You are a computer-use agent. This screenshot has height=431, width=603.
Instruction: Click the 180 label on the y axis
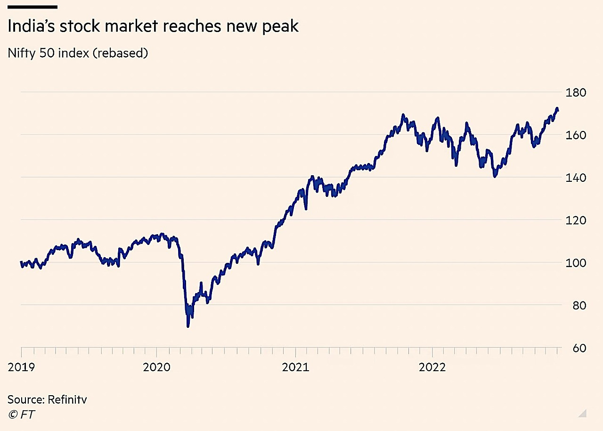(x=577, y=92)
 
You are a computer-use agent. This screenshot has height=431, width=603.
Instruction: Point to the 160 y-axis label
(x=577, y=135)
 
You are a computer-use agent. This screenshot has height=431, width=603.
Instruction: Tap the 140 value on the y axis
(x=577, y=178)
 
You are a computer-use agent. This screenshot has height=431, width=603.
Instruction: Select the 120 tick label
(x=577, y=220)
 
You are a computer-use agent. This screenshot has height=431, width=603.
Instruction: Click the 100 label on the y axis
(x=577, y=263)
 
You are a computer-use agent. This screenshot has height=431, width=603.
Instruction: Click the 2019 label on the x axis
(x=21, y=367)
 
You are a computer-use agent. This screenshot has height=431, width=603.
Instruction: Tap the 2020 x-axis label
(x=156, y=367)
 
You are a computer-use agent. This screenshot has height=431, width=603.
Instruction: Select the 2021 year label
(x=295, y=367)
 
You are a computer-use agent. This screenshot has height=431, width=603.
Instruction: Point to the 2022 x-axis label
(x=432, y=367)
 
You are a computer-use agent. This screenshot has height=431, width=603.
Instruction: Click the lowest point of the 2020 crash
(x=188, y=326)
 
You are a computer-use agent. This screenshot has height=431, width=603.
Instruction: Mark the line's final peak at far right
(x=557, y=109)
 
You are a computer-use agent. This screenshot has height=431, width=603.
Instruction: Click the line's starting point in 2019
(x=21, y=263)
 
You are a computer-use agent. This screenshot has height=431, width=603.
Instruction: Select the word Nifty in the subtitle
(x=20, y=53)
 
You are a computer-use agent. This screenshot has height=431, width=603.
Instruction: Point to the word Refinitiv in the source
(x=67, y=400)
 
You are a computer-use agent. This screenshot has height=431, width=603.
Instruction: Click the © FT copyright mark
(x=21, y=415)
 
